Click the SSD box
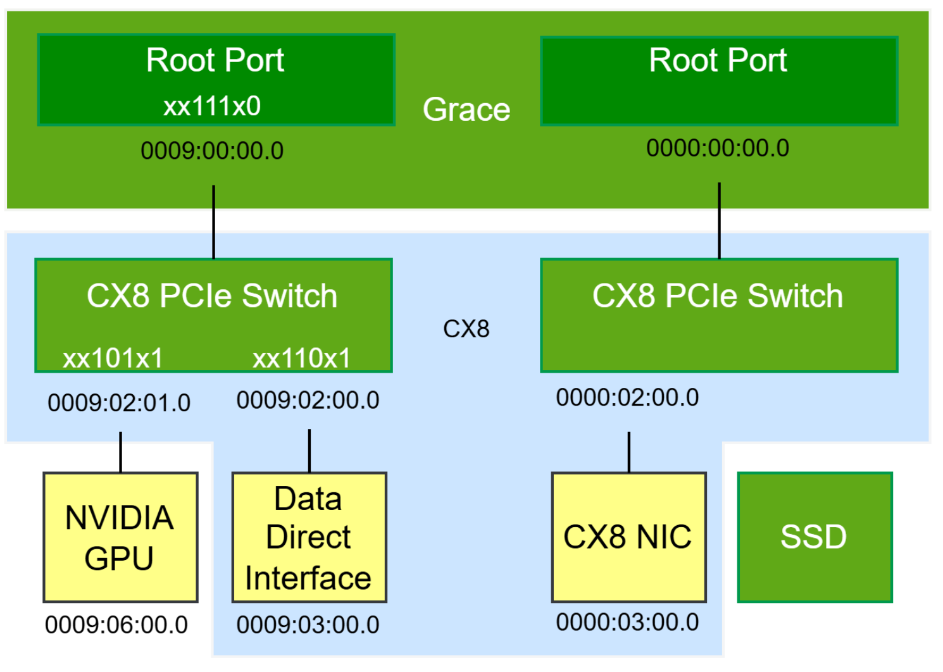[x=815, y=537]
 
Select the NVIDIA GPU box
[x=120, y=537]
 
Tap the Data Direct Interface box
[x=309, y=537]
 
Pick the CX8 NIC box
[x=628, y=537]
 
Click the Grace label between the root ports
[x=466, y=109]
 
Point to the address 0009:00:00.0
[x=212, y=151]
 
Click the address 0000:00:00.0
[x=718, y=148]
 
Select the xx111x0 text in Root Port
[x=212, y=106]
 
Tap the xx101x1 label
[x=113, y=359]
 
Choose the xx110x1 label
[x=301, y=359]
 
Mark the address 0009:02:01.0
[x=119, y=403]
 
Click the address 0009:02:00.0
[x=308, y=401]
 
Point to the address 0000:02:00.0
[x=628, y=398]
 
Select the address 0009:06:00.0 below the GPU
[x=116, y=625]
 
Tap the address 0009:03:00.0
[x=308, y=625]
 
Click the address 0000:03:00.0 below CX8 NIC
[x=628, y=623]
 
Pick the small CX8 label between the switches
[x=466, y=329]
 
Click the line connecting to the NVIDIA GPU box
[x=121, y=452]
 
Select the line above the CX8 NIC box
[x=629, y=452]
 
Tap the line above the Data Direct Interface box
[x=309, y=451]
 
